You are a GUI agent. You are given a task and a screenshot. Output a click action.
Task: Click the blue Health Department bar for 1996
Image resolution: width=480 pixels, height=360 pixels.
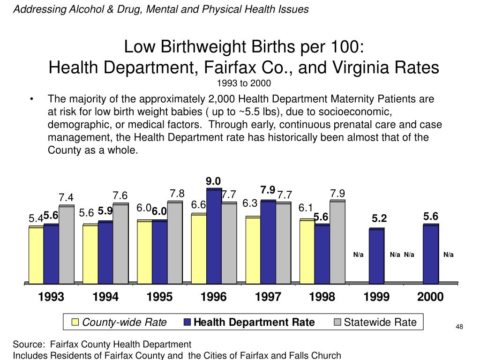click(x=214, y=236)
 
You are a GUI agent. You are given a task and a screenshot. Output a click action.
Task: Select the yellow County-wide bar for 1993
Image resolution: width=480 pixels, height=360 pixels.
click(x=36, y=255)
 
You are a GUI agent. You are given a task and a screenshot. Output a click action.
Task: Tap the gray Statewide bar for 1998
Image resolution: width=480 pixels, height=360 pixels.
click(x=337, y=242)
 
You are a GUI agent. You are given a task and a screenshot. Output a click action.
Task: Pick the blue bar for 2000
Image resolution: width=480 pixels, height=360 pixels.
click(x=431, y=254)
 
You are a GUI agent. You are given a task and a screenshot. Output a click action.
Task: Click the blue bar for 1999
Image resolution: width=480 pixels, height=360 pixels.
click(x=376, y=256)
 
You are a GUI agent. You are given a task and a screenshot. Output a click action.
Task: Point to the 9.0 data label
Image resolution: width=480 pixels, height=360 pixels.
click(x=213, y=181)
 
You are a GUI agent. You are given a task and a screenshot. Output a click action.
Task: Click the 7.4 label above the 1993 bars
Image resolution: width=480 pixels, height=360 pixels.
click(x=66, y=197)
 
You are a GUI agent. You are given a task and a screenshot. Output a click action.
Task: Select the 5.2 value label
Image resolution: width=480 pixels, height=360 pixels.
click(x=379, y=218)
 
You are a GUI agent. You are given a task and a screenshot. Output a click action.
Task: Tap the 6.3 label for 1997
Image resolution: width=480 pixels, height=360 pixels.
click(x=250, y=203)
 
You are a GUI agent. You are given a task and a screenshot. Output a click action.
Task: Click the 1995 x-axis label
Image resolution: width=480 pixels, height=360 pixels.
click(x=159, y=297)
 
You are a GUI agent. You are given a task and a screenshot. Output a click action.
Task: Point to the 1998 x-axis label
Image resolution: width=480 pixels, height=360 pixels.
click(x=322, y=297)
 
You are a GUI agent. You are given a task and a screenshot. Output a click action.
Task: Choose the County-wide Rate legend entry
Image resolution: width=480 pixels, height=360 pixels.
click(x=120, y=322)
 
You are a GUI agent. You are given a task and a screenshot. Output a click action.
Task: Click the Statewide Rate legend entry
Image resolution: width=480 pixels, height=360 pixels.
click(x=375, y=322)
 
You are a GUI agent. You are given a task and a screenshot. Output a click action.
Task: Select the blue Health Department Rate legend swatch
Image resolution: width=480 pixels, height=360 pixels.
click(x=187, y=322)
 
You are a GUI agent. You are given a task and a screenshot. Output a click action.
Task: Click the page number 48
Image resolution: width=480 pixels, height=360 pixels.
click(x=459, y=327)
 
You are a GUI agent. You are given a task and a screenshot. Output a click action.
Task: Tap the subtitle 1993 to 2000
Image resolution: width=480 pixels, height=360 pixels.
click(x=244, y=83)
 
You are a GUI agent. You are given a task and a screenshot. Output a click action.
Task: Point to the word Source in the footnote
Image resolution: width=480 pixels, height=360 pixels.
click(x=29, y=345)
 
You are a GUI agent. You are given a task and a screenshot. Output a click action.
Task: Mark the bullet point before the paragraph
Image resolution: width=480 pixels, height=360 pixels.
click(x=31, y=99)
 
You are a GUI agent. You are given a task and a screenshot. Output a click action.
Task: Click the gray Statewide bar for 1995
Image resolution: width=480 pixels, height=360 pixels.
click(x=175, y=242)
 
